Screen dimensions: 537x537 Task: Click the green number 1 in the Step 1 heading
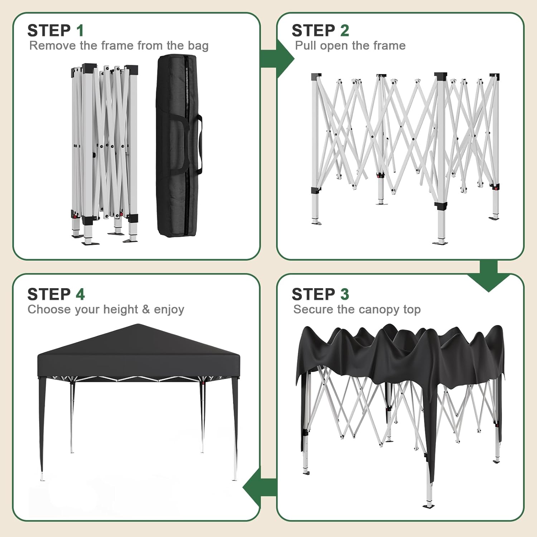80,31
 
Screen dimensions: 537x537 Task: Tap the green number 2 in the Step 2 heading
344,31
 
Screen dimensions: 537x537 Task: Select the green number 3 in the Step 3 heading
344,294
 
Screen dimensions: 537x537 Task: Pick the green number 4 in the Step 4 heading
80,294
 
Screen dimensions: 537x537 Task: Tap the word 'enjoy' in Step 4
169,310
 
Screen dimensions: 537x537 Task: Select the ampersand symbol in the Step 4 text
146,309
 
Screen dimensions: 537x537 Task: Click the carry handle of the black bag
196,143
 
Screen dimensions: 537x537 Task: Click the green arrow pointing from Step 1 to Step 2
277,59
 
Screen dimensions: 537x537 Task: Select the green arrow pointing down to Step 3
488,277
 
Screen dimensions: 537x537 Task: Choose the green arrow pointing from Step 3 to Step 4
260,488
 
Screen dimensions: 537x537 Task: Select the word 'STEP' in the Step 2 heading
313,31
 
